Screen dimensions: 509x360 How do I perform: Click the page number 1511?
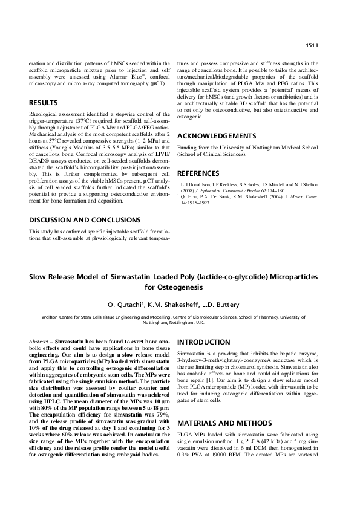click(x=312, y=45)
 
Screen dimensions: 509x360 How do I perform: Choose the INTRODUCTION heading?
click(x=204, y=342)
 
